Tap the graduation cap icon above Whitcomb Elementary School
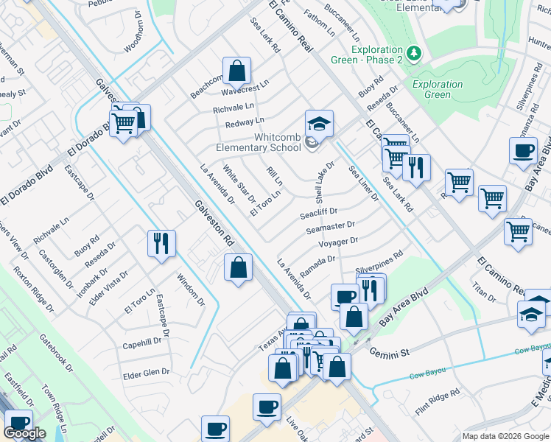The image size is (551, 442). pyautogui.click(x=319, y=124)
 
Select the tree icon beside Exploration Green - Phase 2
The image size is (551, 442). pyautogui.click(x=414, y=54)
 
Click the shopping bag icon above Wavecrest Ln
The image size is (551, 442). pyautogui.click(x=237, y=71)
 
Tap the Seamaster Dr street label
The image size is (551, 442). pyautogui.click(x=330, y=228)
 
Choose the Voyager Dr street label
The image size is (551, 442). pyautogui.click(x=338, y=242)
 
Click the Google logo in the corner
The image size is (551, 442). pyautogui.click(x=25, y=432)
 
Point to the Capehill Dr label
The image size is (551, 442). pyautogui.click(x=142, y=343)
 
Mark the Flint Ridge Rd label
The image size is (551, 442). pyautogui.click(x=438, y=397)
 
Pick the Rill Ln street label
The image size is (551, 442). pyautogui.click(x=274, y=178)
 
